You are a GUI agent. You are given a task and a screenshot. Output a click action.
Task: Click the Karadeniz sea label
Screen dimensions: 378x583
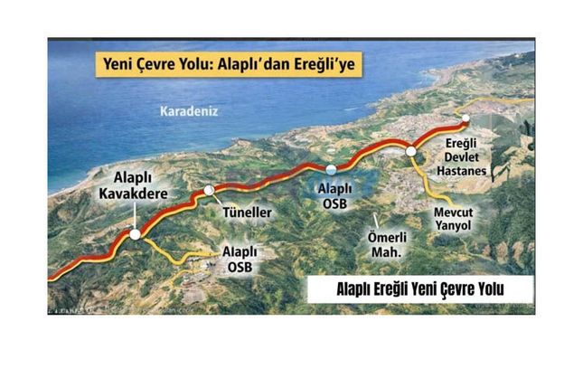[x=189, y=111]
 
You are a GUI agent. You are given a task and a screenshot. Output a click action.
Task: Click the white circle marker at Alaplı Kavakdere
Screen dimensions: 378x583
[x=135, y=234]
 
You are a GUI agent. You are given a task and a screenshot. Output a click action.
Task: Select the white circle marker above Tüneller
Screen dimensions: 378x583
[x=210, y=190]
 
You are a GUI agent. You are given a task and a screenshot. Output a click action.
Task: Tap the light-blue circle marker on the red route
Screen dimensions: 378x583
[x=331, y=169]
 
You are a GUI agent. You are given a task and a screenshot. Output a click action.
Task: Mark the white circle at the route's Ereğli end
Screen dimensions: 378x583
[x=465, y=118]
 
